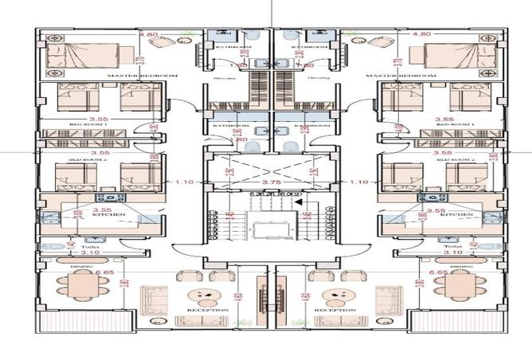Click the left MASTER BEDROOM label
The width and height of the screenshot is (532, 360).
pyautogui.click(x=141, y=75)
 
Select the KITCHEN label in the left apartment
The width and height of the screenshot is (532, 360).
pyautogui.click(x=105, y=215)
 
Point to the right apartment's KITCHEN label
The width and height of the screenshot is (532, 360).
pyautogui.click(x=460, y=215)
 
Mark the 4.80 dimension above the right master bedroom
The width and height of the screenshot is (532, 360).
pyautogui.click(x=422, y=35)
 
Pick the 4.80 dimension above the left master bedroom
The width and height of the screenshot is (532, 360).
pyautogui.click(x=148, y=35)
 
